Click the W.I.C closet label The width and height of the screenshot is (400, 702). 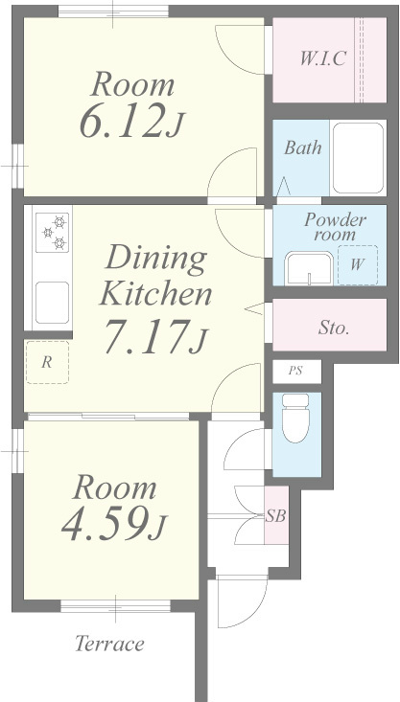pyautogui.click(x=323, y=58)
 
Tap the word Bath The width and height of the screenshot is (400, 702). pyautogui.click(x=303, y=147)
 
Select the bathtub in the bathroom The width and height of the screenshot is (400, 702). pyautogui.click(x=358, y=158)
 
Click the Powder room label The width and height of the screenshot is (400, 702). pyautogui.click(x=335, y=227)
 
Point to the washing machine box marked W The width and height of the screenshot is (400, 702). pyautogui.click(x=358, y=265)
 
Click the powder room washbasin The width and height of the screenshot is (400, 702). pyautogui.click(x=309, y=268)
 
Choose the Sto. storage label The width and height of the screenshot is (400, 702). pyautogui.click(x=334, y=328)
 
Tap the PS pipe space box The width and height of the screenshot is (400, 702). pyautogui.click(x=296, y=372)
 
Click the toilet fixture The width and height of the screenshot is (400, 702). pyautogui.click(x=295, y=419)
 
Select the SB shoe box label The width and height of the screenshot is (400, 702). pyautogui.click(x=276, y=516)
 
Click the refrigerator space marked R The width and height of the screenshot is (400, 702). pyautogui.click(x=47, y=362)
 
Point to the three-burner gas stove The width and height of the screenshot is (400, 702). pyautogui.click(x=53, y=233)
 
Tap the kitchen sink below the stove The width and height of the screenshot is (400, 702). pyautogui.click(x=53, y=303)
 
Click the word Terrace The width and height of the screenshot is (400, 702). pyautogui.click(x=109, y=644)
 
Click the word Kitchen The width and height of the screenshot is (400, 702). pyautogui.click(x=155, y=294)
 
